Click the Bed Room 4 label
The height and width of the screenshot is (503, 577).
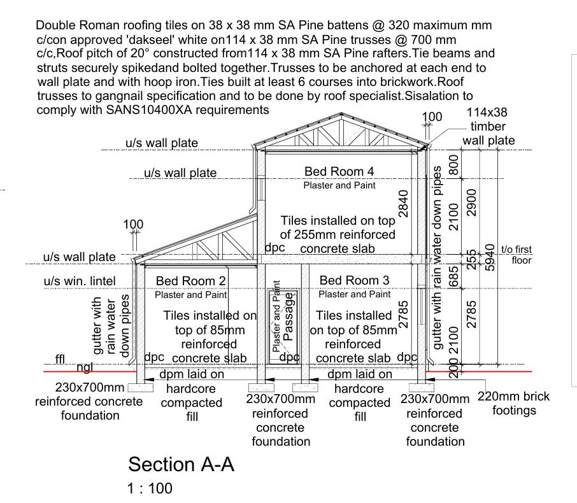coord(338,171)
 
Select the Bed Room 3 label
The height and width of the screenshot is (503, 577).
coord(354,280)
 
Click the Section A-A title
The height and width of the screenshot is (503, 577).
coord(181,464)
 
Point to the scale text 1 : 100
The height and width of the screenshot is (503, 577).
coord(150,489)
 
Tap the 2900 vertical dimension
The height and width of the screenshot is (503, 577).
coord(472,202)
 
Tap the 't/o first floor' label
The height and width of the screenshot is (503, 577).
coord(516,255)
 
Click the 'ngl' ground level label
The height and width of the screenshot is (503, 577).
coord(85,367)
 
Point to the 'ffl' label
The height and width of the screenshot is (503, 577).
coord(61,360)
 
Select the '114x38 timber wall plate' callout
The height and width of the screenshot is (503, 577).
coord(488,127)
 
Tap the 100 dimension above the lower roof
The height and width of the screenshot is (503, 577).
coord(134,225)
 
